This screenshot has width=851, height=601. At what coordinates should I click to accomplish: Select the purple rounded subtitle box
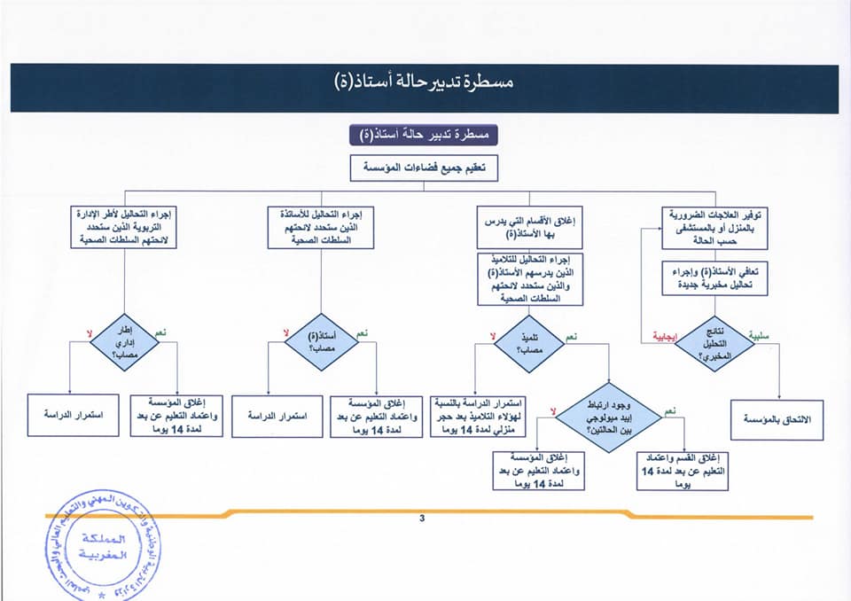pyautogui.click(x=425, y=136)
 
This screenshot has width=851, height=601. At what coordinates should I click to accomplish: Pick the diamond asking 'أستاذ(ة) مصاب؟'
pyautogui.click(x=321, y=341)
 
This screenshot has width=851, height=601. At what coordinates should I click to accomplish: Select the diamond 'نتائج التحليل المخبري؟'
pyautogui.click(x=715, y=341)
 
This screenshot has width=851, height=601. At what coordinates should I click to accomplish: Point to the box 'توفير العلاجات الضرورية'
pyautogui.click(x=715, y=228)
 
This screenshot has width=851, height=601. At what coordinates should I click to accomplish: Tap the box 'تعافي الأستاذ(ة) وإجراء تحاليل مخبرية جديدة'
pyautogui.click(x=715, y=277)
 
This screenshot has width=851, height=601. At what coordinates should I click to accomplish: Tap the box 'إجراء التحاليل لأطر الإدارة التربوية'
pyautogui.click(x=124, y=228)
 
